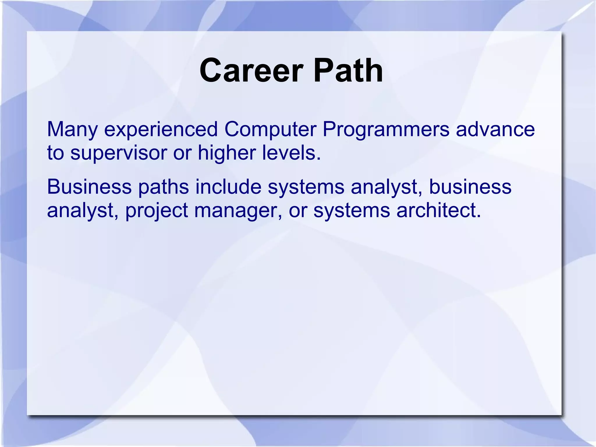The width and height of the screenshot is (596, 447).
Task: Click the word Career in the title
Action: [x=251, y=71]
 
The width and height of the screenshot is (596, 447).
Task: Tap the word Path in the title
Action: [x=348, y=71]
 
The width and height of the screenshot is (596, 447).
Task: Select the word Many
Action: [x=72, y=130]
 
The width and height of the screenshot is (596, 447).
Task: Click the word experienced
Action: [x=161, y=130]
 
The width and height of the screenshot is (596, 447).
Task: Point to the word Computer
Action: [x=270, y=130]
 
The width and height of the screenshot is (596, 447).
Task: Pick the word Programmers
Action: [x=386, y=130]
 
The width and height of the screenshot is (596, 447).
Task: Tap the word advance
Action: [x=495, y=130]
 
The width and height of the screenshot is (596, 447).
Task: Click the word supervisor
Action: [x=118, y=153]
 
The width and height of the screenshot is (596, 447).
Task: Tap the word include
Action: [x=228, y=187]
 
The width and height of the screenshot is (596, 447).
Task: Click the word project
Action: [x=157, y=211]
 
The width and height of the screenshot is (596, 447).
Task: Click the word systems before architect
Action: [x=351, y=211]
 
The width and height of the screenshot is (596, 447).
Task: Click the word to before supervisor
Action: [x=55, y=153]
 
